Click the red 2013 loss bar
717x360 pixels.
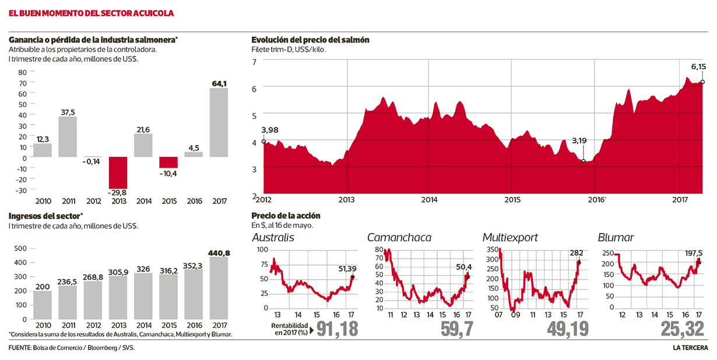(118, 172)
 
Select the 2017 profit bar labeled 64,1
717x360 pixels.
(219, 122)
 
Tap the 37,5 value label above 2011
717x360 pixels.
(68, 112)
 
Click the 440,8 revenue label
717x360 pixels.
(219, 253)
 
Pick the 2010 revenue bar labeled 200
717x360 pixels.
(43, 305)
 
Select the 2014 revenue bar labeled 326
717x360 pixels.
(143, 297)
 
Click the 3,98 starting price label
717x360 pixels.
(270, 129)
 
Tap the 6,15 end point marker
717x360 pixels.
(702, 82)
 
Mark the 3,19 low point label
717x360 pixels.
(579, 141)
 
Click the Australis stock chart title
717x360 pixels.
(273, 238)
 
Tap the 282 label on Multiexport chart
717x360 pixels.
(577, 253)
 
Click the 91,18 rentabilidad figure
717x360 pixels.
(336, 329)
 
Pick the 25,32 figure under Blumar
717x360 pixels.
(683, 329)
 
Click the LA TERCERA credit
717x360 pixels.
(690, 348)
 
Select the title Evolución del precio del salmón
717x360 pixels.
(310, 40)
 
